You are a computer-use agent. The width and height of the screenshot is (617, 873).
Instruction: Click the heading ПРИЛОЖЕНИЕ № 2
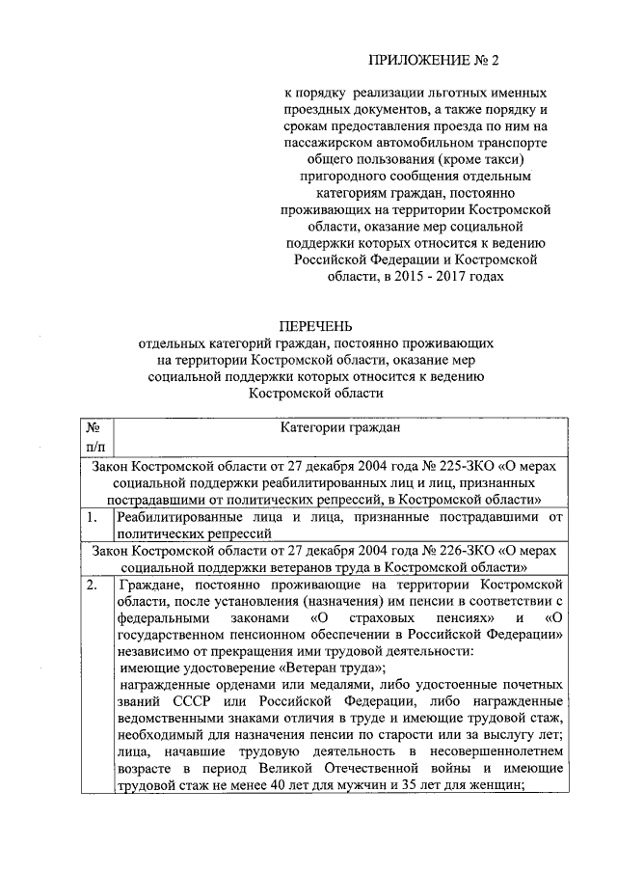(437, 62)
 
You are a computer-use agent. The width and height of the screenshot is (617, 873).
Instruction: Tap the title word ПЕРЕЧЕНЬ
(316, 327)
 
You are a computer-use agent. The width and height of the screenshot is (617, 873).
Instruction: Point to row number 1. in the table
(92, 518)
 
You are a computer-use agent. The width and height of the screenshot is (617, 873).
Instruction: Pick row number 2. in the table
(92, 586)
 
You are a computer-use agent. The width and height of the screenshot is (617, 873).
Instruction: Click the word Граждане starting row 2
(148, 586)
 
